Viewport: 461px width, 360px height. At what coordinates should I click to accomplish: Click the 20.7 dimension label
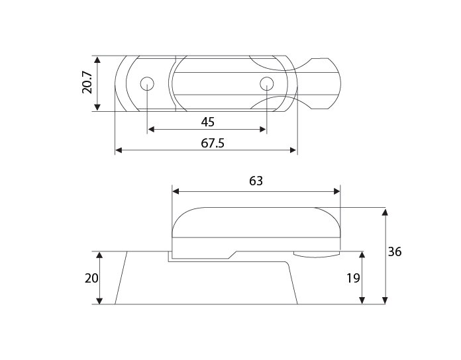pos(87,83)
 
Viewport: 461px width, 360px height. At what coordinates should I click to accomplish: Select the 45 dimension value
pos(208,122)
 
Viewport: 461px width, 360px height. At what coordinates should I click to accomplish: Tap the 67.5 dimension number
pos(213,144)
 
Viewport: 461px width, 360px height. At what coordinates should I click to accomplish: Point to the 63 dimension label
pos(256,181)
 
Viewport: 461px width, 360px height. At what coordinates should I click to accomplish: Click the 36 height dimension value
pos(395,252)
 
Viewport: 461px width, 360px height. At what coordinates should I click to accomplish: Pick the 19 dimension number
pos(353,278)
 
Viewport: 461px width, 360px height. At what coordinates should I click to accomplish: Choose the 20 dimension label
pos(91,278)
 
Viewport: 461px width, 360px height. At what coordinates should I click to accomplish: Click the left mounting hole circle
pos(147,84)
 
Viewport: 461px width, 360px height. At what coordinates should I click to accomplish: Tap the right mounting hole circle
pos(267,84)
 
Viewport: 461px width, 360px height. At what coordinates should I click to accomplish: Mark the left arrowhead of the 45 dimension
pos(151,129)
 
